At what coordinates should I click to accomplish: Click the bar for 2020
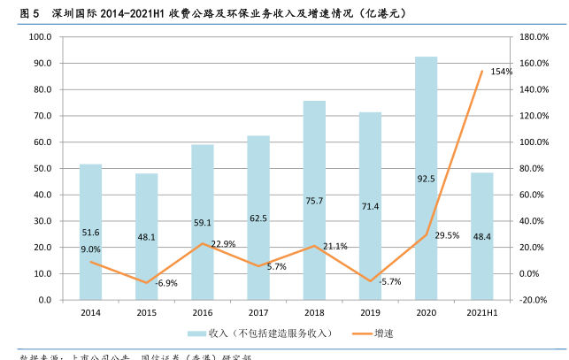[426, 177]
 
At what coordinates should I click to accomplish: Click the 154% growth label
[502, 72]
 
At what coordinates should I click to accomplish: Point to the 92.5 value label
[426, 179]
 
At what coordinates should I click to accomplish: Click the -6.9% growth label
[166, 283]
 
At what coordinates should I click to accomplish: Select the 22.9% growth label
[223, 244]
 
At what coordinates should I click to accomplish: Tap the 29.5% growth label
[447, 235]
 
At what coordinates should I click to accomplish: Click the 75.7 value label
[314, 201]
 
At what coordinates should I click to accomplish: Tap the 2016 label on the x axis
[202, 312]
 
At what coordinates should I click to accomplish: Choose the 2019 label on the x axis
[370, 312]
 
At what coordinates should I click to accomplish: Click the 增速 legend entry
[383, 333]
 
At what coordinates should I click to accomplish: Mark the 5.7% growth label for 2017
[276, 266]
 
